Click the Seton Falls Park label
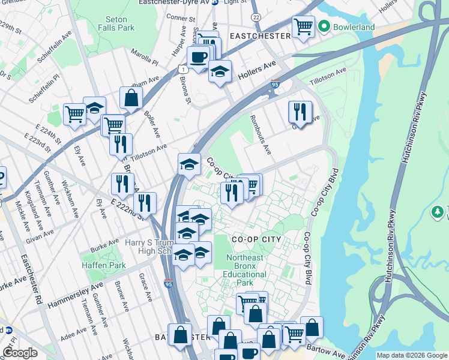[116, 23]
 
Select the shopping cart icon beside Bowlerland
[303, 27]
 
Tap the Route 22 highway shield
[256, 19]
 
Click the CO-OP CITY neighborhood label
[256, 239]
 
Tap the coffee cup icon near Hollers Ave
[198, 58]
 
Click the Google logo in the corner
[20, 353]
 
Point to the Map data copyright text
[412, 355]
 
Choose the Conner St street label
[178, 18]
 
